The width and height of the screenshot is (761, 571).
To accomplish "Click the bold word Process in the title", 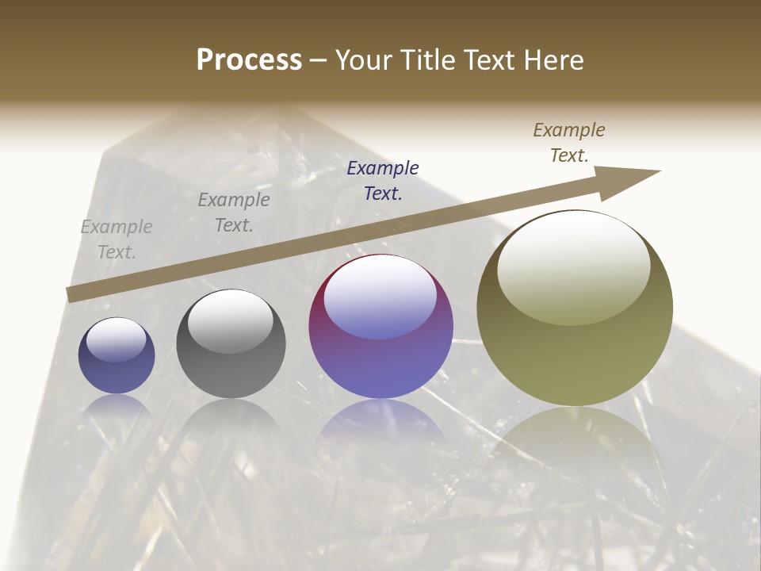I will tap(249, 60).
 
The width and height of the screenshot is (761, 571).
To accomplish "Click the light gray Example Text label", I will tap(117, 239).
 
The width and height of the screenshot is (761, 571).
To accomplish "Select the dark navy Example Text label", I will tap(383, 180).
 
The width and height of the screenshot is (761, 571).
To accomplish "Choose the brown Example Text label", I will tap(569, 142).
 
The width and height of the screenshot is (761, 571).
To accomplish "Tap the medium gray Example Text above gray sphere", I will tap(234, 213).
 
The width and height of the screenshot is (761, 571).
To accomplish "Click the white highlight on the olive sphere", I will tap(573, 266).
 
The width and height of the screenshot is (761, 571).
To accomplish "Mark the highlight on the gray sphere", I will tap(230, 320).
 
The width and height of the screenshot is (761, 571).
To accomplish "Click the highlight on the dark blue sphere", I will tap(116, 339).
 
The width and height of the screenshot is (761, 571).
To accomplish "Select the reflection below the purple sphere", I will tap(380, 428).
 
